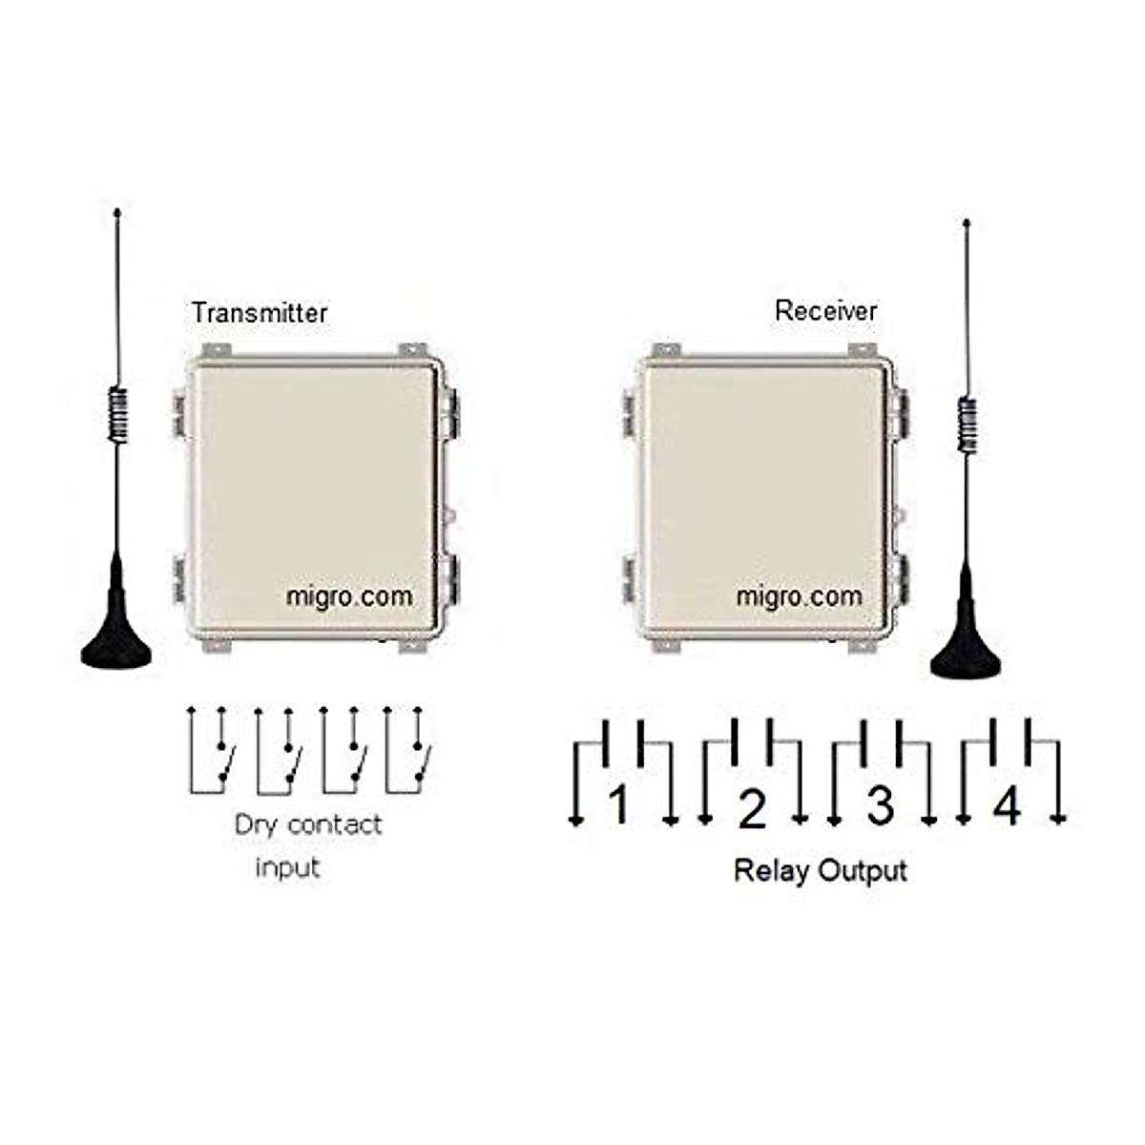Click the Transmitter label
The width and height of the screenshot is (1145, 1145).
pyautogui.click(x=259, y=313)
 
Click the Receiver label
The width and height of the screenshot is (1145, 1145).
pyautogui.click(x=825, y=310)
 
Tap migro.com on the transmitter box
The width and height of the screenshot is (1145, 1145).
pyautogui.click(x=349, y=596)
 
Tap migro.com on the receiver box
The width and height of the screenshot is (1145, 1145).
pyautogui.click(x=799, y=596)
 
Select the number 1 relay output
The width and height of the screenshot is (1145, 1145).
pyautogui.click(x=619, y=804)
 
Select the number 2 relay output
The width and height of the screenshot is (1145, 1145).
pyautogui.click(x=752, y=809)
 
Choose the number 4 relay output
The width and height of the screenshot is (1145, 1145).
pyautogui.click(x=1008, y=806)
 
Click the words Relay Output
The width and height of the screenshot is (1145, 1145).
pyautogui.click(x=820, y=870)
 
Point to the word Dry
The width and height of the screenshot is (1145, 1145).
pyautogui.click(x=255, y=825)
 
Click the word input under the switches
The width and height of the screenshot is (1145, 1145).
pyautogui.click(x=287, y=868)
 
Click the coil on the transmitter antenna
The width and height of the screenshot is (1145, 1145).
pyautogui.click(x=117, y=414)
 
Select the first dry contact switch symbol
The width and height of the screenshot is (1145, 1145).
pyautogui.click(x=211, y=752)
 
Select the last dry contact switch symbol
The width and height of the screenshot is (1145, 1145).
pyautogui.click(x=407, y=752)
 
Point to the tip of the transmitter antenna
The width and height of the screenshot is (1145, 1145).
pyautogui.click(x=117, y=211)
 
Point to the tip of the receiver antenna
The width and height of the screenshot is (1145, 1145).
pyautogui.click(x=968, y=224)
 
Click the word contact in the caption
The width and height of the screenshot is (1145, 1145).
pyautogui.click(x=334, y=824)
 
